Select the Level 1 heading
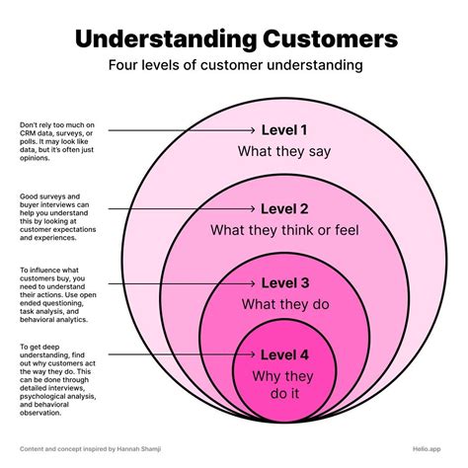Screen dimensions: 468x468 pyautogui.click(x=284, y=130)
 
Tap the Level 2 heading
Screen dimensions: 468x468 pyautogui.click(x=284, y=208)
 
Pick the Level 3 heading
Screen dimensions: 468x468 pyautogui.click(x=284, y=284)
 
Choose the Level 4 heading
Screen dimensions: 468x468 pyautogui.click(x=284, y=354)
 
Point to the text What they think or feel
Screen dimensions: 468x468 pyautogui.click(x=284, y=230)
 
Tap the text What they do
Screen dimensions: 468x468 pyautogui.click(x=284, y=304)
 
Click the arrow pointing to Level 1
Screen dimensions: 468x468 pyautogui.click(x=183, y=130)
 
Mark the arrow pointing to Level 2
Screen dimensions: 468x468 pyautogui.click(x=183, y=208)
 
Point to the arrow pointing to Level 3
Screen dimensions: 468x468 pyautogui.click(x=183, y=284)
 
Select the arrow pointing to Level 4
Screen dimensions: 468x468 pyautogui.click(x=183, y=354)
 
